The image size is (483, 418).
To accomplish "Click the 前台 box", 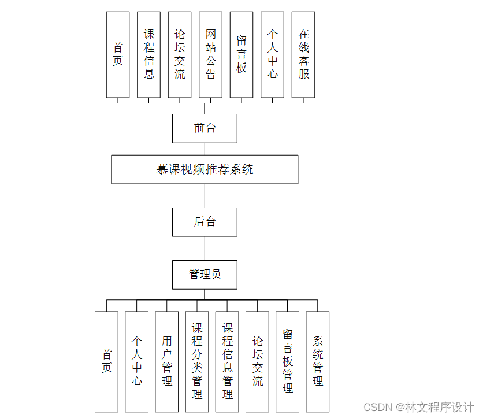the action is click(205, 128).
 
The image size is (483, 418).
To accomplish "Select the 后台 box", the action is click(205, 222).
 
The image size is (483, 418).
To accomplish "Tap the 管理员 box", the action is click(205, 274).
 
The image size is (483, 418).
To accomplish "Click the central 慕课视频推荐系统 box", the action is click(205, 169).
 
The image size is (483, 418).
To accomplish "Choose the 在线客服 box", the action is click(303, 54).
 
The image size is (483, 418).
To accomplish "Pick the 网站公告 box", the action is click(210, 54).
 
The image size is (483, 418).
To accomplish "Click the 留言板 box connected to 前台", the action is click(241, 54).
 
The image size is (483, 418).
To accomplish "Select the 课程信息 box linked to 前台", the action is click(148, 54).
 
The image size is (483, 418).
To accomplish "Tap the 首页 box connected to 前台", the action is click(118, 54).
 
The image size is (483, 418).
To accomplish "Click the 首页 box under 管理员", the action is click(106, 361).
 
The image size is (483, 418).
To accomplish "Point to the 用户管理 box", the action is click(167, 361).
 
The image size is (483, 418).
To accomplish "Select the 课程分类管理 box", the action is click(197, 361).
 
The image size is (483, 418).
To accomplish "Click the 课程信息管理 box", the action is click(227, 361).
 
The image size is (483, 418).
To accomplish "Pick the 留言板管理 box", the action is click(287, 361).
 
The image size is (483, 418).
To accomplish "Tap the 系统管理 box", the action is click(317, 361).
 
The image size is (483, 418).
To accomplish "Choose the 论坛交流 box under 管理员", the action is click(257, 361).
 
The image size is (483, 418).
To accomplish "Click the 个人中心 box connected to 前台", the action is click(272, 54).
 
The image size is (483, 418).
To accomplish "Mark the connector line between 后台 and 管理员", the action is click(205, 248).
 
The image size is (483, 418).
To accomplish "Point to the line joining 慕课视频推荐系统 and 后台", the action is click(205, 196).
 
